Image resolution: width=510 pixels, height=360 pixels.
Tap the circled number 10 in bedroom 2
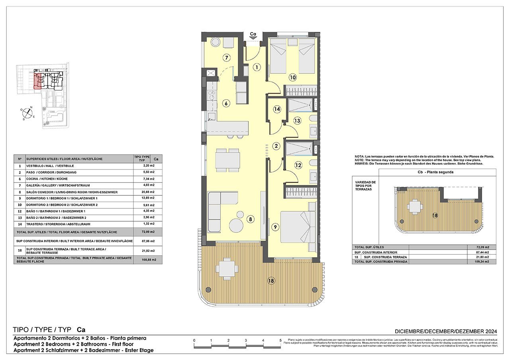[x=293, y=77]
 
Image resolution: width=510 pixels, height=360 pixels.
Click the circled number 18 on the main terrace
[x=271, y=281]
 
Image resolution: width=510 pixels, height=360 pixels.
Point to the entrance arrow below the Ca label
[x=253, y=38]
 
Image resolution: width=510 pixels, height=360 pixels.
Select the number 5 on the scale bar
[x=280, y=340]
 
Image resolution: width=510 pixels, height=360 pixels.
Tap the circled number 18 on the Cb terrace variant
[x=435, y=215]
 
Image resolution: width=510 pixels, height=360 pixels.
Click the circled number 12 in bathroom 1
[x=298, y=165]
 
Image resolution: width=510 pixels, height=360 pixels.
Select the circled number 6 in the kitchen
[x=226, y=104]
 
